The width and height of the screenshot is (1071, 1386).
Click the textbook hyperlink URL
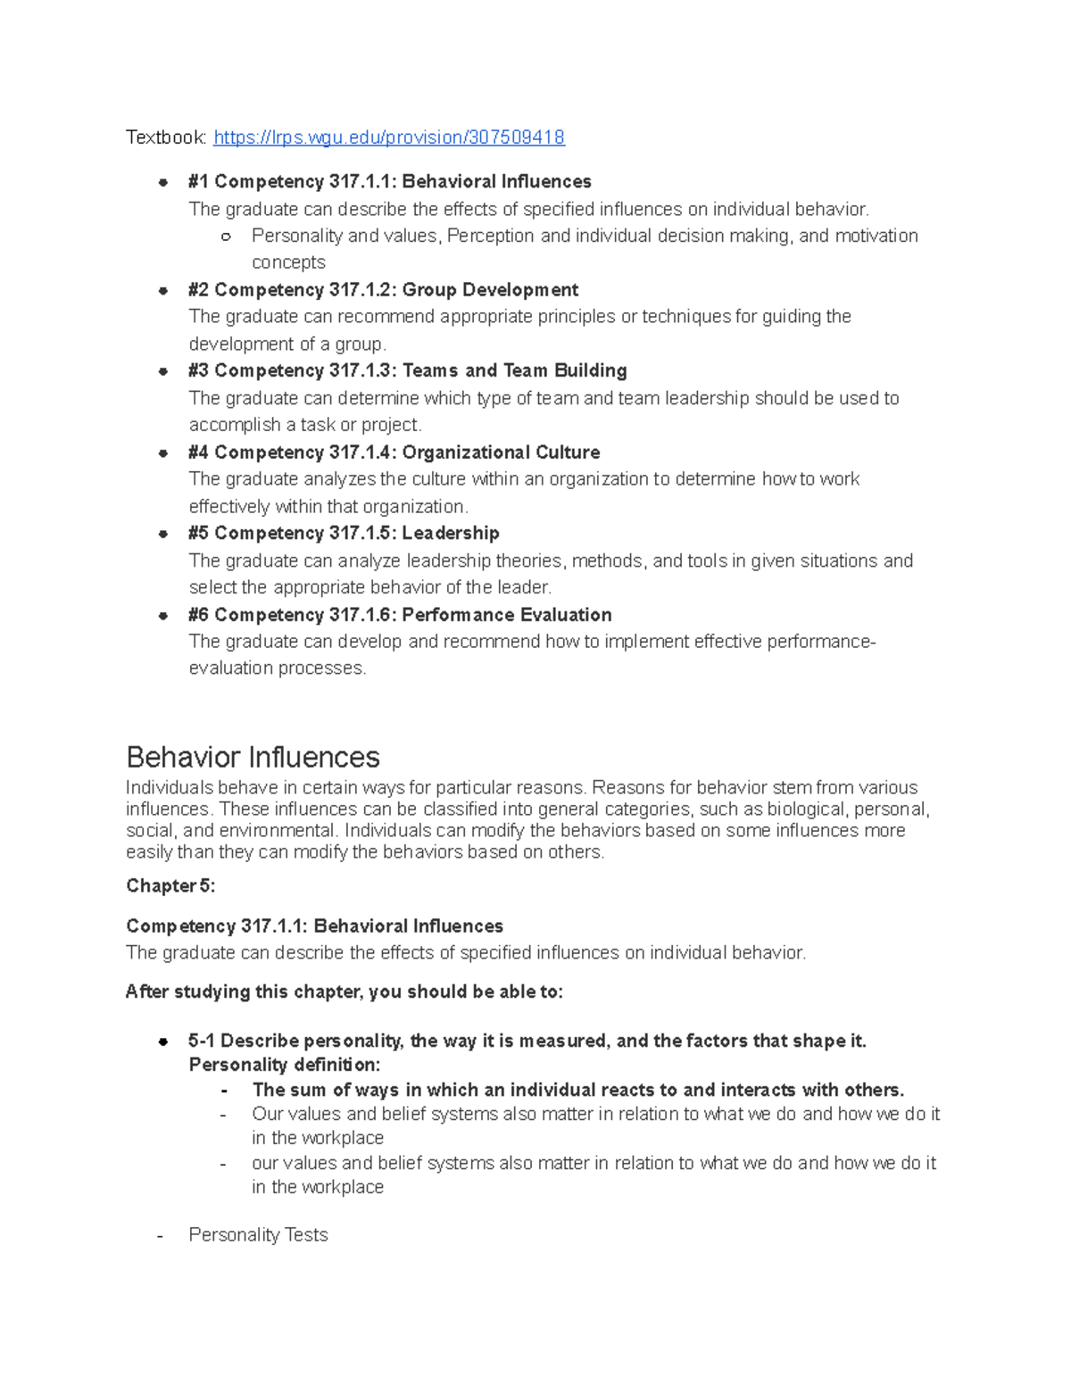[389, 137]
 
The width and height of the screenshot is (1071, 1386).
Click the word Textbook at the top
[165, 137]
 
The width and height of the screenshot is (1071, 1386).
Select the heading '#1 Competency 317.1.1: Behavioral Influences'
[389, 182]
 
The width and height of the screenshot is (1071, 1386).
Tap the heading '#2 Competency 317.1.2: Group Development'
[383, 290]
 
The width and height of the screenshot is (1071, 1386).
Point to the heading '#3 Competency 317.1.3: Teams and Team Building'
[407, 370]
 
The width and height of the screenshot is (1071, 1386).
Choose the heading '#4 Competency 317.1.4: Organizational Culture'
[394, 452]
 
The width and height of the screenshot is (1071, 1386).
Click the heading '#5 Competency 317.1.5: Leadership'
[344, 533]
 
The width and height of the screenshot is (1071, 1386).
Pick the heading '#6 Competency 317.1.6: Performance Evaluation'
[400, 615]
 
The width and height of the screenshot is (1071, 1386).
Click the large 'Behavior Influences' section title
[253, 758]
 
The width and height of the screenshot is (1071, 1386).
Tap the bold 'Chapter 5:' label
[170, 885]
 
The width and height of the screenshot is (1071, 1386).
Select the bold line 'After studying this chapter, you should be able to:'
[345, 992]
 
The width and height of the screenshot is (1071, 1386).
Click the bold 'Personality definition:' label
[285, 1065]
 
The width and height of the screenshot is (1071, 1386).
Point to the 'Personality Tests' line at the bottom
[258, 1235]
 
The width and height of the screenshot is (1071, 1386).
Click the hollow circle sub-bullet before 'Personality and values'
[226, 237]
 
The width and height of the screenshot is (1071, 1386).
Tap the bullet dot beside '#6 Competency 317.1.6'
[163, 615]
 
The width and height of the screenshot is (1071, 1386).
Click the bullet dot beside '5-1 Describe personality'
[163, 1042]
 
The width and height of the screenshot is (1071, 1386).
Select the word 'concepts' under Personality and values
[288, 262]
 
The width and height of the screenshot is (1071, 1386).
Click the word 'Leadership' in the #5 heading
[451, 533]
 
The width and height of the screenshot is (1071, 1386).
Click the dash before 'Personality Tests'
[160, 1236]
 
